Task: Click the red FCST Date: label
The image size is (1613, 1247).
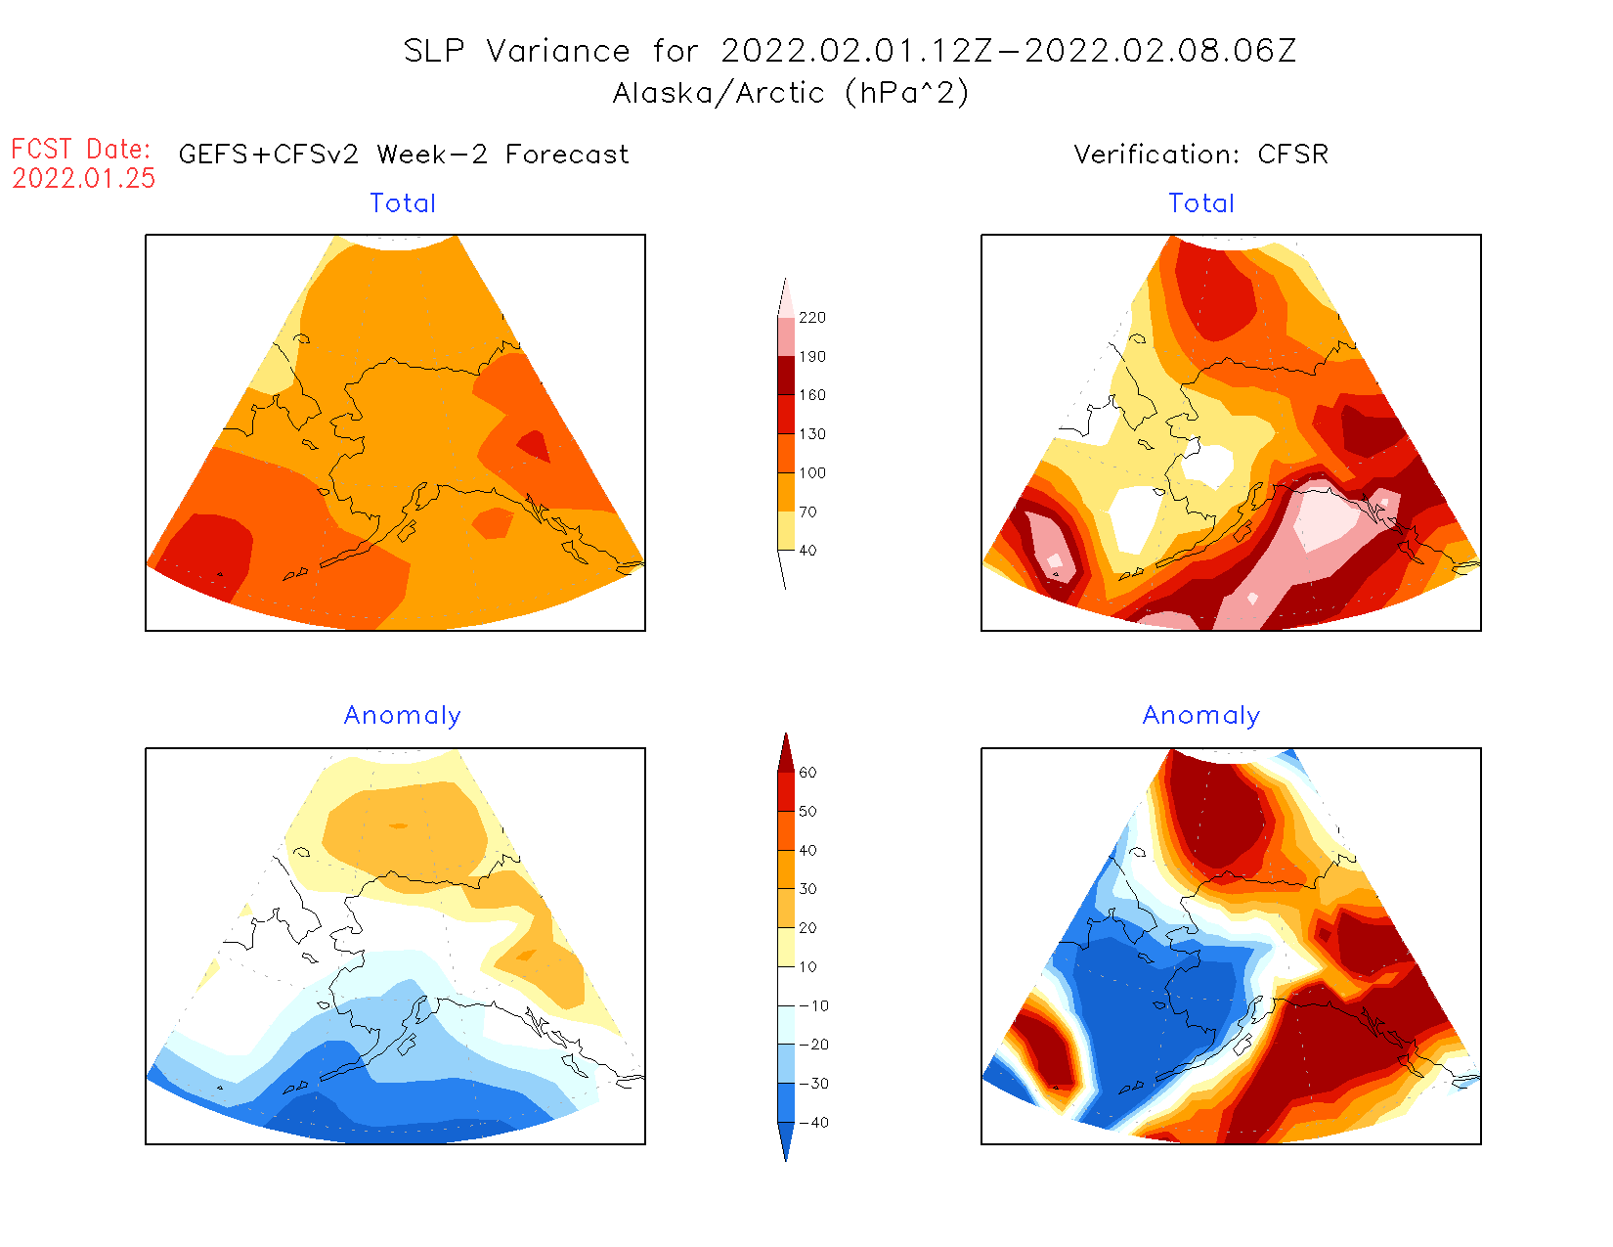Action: tap(81, 150)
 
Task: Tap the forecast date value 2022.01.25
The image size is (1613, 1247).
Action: tap(84, 179)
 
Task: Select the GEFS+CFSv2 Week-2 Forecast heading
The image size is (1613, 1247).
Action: tap(404, 155)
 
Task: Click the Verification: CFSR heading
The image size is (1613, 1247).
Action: tap(1200, 155)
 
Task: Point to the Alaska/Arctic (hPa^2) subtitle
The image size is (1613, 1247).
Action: tap(791, 93)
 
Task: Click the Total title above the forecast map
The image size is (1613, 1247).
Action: tap(403, 203)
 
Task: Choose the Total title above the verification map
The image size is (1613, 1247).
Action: tap(1201, 203)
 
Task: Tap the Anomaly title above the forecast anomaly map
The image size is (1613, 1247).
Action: tap(402, 716)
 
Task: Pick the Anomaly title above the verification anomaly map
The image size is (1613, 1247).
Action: tap(1201, 716)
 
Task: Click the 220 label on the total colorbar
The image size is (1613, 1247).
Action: tap(811, 318)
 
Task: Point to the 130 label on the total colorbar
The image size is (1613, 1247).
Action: tap(811, 434)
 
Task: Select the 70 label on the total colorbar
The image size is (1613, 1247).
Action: tap(807, 512)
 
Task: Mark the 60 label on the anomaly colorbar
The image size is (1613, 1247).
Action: tap(807, 773)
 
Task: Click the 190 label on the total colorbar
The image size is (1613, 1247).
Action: tap(811, 357)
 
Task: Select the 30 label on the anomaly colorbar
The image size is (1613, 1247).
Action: tap(807, 889)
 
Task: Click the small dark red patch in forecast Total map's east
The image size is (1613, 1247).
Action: tap(534, 446)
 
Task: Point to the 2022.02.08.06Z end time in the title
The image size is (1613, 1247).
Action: tap(1160, 51)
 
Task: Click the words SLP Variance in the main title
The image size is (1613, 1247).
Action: tap(517, 51)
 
